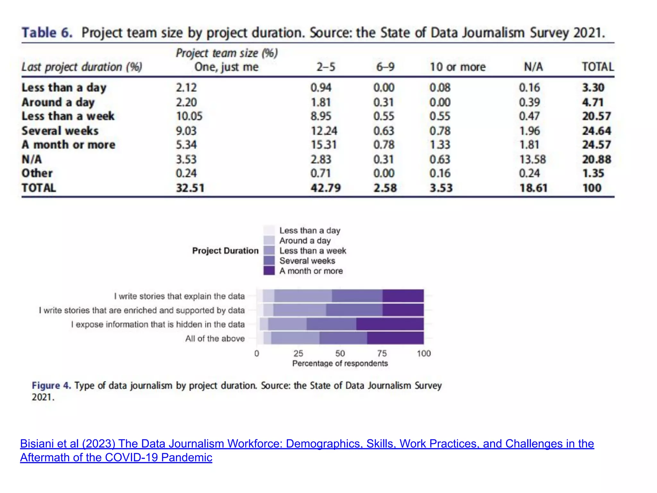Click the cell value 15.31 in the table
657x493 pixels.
pyautogui.click(x=323, y=145)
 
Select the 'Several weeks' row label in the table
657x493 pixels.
pyautogui.click(x=60, y=131)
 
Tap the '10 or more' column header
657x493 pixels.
pyautogui.click(x=457, y=67)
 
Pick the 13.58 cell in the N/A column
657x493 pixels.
pyautogui.click(x=532, y=159)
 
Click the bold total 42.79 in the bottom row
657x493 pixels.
pyautogui.click(x=325, y=188)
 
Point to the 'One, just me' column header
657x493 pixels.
pyautogui.click(x=226, y=67)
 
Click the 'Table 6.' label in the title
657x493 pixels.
pyautogui.click(x=47, y=33)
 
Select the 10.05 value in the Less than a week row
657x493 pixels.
pyautogui.click(x=189, y=116)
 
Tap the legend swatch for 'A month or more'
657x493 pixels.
pyautogui.click(x=269, y=271)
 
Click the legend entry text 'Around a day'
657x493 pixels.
pyautogui.click(x=305, y=240)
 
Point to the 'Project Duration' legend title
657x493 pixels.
pyautogui.click(x=225, y=251)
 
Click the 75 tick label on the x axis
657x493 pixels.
pyautogui.click(x=382, y=353)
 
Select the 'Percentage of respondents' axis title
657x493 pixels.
pyautogui.click(x=340, y=363)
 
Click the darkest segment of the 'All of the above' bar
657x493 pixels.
pyautogui.click(x=395, y=338)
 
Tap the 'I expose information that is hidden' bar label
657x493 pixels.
pyautogui.click(x=158, y=324)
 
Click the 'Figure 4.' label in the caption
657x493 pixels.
pyautogui.click(x=51, y=385)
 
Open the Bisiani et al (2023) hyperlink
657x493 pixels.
pyautogui.click(x=307, y=444)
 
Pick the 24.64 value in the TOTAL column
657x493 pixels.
pyautogui.click(x=596, y=131)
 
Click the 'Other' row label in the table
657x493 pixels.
pyautogui.click(x=37, y=173)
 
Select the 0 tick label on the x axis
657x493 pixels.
pyautogui.click(x=257, y=353)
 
